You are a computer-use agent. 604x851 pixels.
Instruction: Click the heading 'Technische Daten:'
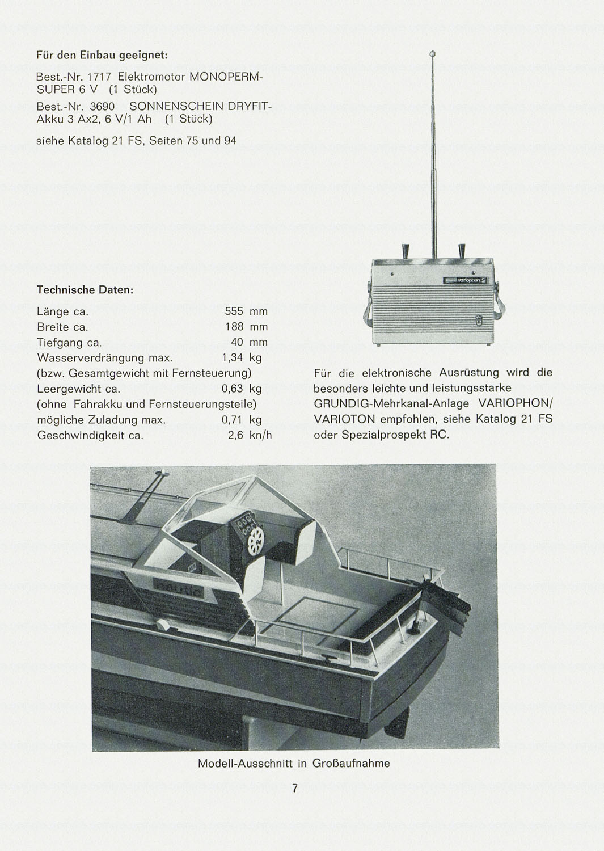85,290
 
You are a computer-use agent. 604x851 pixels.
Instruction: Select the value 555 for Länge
234,311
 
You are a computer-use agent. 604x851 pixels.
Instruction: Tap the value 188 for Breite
234,327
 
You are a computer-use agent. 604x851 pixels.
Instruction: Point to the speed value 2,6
235,435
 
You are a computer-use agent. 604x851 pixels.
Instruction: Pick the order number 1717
100,77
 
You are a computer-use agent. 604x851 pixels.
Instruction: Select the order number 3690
102,107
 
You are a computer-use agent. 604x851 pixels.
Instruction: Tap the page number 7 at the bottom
295,788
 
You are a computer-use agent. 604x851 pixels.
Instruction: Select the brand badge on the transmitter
464,280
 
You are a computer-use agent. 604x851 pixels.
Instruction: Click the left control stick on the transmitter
405,250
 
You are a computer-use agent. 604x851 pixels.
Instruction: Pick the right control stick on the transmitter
461,250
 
